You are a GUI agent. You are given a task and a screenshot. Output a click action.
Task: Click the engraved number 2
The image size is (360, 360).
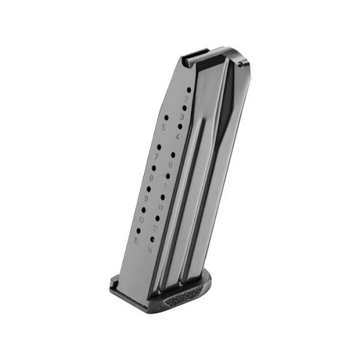[x=187, y=98]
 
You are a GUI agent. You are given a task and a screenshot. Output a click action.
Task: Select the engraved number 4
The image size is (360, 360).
[x=178, y=136]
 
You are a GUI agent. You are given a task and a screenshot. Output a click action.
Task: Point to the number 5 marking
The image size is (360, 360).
[x=163, y=127]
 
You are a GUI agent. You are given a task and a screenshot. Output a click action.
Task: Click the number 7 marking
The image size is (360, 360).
[x=157, y=156]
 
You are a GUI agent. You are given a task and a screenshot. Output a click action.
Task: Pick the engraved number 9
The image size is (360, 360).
[x=151, y=178]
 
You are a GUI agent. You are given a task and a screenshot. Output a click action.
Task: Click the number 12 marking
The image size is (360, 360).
[x=155, y=229]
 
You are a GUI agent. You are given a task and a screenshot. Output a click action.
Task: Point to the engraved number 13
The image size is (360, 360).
[x=142, y=220]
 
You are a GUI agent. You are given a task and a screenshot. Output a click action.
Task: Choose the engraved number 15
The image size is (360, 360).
[x=137, y=241]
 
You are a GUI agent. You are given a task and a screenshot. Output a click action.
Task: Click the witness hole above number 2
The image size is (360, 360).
[x=189, y=89]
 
